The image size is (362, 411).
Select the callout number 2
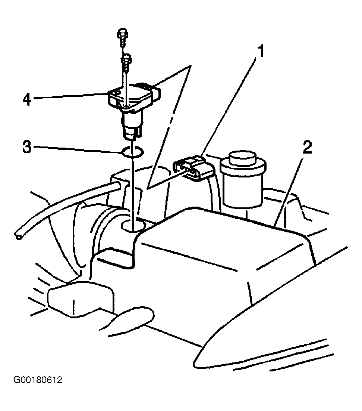pyautogui.click(x=307, y=148)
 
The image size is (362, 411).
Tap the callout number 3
pyautogui.click(x=27, y=147)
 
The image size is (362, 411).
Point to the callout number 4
pyautogui.click(x=27, y=99)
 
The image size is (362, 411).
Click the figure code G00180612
pyautogui.click(x=38, y=380)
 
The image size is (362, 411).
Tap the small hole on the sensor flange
pyautogui.click(x=117, y=93)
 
